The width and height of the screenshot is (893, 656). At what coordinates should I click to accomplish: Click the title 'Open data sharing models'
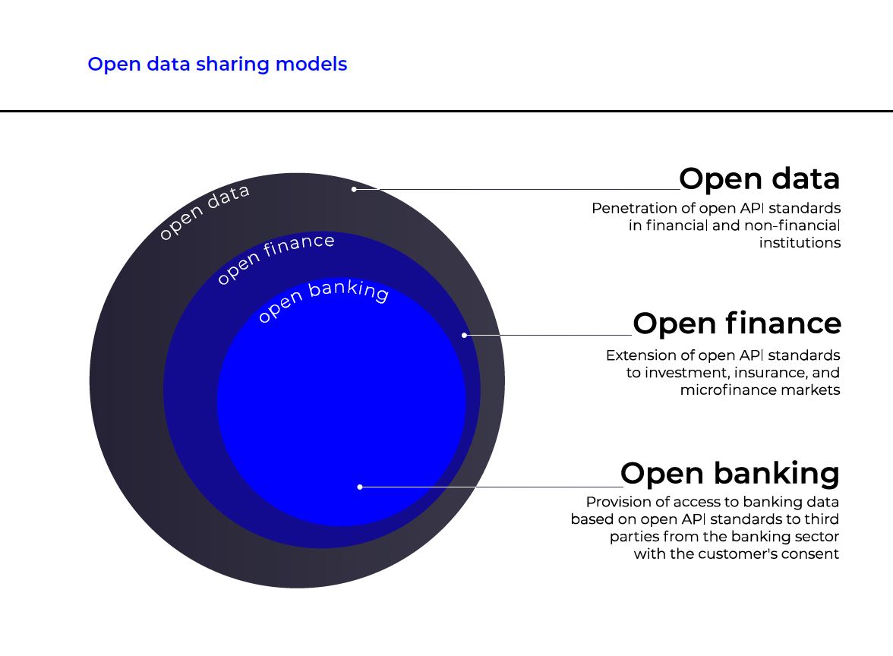pyautogui.click(x=217, y=65)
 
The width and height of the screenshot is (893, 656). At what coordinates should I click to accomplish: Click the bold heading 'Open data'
pyautogui.click(x=759, y=179)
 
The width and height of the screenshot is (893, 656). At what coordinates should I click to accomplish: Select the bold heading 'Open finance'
pyautogui.click(x=737, y=323)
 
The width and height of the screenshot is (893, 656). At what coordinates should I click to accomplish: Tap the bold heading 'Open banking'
pyautogui.click(x=730, y=474)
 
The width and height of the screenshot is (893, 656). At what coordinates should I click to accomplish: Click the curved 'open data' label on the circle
pyautogui.click(x=204, y=211)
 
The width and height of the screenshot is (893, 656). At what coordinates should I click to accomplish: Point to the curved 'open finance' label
pyautogui.click(x=275, y=257)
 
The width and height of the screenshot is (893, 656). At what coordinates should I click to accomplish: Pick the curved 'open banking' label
pyautogui.click(x=323, y=299)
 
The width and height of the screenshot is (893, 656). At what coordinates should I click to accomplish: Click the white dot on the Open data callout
pyautogui.click(x=354, y=189)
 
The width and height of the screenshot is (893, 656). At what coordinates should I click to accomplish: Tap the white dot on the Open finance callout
pyautogui.click(x=464, y=335)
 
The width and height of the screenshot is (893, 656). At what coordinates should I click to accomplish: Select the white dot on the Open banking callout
pyautogui.click(x=359, y=487)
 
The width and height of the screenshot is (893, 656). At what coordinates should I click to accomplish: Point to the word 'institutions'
pyautogui.click(x=800, y=243)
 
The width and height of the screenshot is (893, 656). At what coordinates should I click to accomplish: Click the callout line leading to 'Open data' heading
pyautogui.click(x=516, y=189)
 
